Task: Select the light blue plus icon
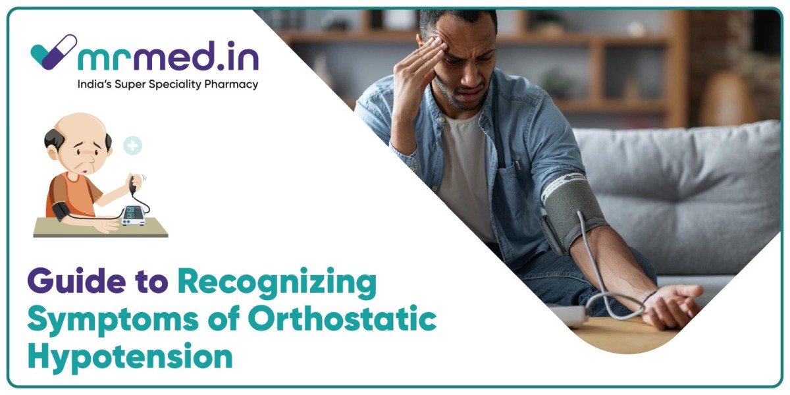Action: (133, 145)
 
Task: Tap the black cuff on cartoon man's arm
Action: (61, 211)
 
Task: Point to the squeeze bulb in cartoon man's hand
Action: (134, 184)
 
